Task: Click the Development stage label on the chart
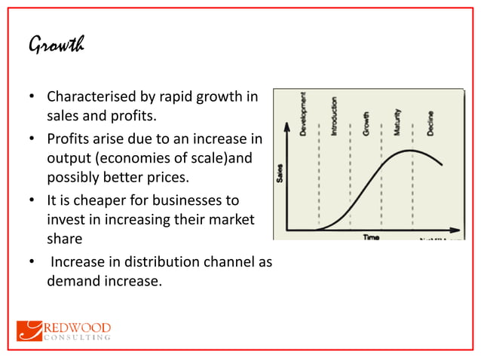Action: click(303, 114)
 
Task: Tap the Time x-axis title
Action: click(371, 236)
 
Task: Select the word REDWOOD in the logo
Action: click(79, 328)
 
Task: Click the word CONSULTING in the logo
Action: click(79, 338)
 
